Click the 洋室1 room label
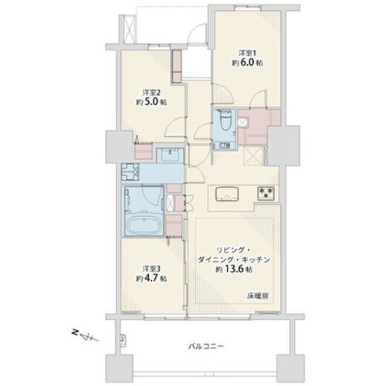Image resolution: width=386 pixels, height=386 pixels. (247, 53)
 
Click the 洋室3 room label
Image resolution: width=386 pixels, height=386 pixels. (151, 269)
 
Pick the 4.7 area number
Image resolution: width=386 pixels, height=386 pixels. (152, 279)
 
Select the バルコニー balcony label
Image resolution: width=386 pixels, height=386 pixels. (205, 346)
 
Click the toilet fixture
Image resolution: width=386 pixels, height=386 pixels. (225, 120)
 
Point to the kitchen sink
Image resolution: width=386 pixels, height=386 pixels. (227, 194)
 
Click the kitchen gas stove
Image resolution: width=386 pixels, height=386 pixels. (266, 192)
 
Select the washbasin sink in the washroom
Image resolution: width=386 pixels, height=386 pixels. (170, 155)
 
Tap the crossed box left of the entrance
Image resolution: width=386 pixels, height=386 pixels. (128, 29)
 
